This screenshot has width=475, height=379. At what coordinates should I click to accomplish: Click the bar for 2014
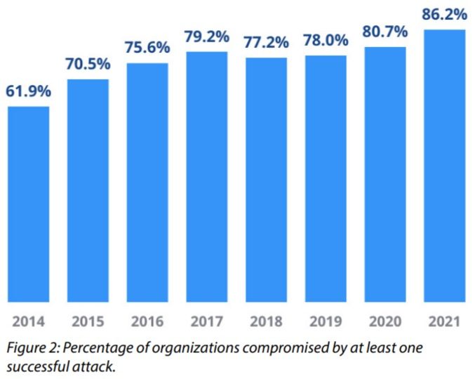pos(28,204)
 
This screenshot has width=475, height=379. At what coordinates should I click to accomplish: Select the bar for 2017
pos(207,175)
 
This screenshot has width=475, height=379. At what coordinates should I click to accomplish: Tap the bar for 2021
pos(445,165)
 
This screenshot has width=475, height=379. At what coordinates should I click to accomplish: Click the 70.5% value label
pos(88,65)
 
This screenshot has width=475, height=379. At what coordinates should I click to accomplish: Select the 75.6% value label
pos(147,48)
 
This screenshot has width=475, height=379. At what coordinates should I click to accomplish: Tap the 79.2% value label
pos(207,36)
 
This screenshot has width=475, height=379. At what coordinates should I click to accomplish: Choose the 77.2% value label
pos(266,43)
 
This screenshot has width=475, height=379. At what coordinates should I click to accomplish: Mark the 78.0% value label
pos(326,41)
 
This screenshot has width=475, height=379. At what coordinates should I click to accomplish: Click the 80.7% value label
pos(385,32)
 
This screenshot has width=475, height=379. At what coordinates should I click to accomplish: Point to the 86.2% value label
pos(445,13)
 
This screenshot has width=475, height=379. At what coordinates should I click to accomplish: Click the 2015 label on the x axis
pos(88,322)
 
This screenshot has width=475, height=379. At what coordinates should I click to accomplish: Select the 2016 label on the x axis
pos(147,322)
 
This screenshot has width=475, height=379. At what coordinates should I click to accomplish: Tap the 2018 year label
pos(266,322)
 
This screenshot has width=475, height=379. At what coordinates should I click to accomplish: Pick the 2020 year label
pos(385,322)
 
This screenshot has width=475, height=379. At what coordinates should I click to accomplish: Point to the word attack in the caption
pos(95,366)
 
